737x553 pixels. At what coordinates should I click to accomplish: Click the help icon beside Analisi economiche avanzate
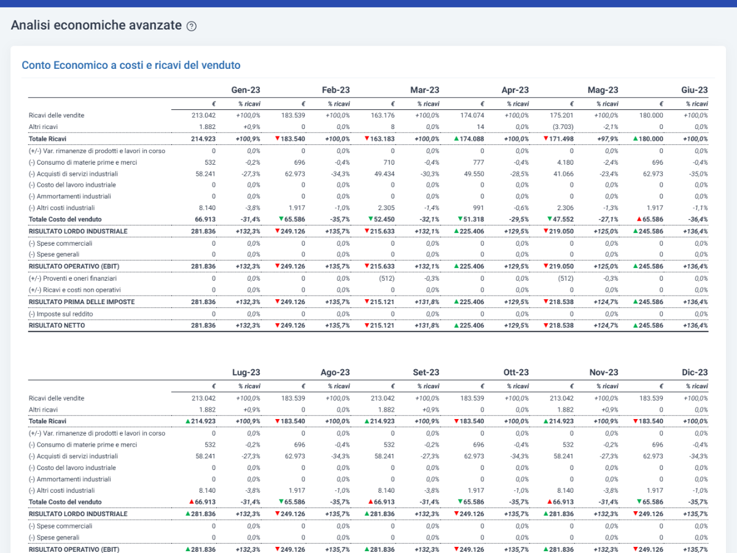(192, 26)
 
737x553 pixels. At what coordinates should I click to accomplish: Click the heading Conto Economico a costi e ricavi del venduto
(131, 65)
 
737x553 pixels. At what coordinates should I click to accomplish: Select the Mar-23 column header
(424, 90)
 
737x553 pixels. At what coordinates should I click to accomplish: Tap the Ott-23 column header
(516, 372)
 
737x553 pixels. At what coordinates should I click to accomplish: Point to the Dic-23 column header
(695, 372)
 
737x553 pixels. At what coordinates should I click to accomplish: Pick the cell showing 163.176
(383, 116)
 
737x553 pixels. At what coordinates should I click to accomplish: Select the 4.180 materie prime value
(565, 162)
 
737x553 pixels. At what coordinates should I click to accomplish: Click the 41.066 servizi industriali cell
(563, 174)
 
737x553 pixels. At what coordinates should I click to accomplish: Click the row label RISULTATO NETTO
(57, 326)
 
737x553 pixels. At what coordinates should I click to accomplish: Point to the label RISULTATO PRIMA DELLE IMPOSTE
(82, 302)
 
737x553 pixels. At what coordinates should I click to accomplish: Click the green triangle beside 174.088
(456, 138)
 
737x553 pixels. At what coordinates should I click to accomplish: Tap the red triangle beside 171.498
(546, 138)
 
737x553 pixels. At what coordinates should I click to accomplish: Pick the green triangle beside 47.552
(550, 219)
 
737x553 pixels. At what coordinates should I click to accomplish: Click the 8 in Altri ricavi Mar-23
(392, 127)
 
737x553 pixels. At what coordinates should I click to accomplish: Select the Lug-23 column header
(246, 372)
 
